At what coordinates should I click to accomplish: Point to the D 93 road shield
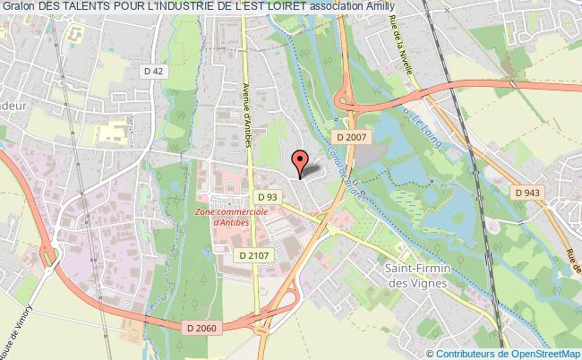coord(266,196)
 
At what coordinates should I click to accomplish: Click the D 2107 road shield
coord(254,255)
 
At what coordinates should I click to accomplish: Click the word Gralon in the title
coord(18,7)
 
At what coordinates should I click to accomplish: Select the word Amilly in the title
coord(411,7)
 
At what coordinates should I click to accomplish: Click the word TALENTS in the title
coord(93,7)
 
